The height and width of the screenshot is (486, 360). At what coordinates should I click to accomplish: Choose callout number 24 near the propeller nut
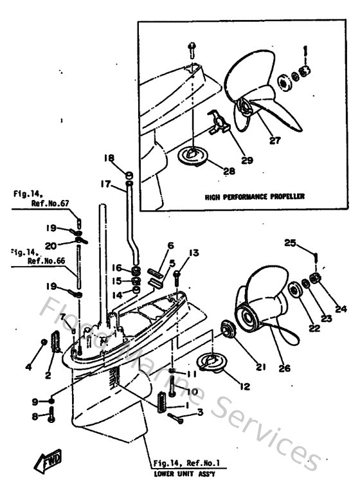(340, 308)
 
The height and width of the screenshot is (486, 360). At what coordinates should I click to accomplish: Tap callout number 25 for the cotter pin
(291, 243)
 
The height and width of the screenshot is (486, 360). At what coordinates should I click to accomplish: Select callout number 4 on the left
(28, 367)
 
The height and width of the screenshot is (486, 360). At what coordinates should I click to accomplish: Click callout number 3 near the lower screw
(200, 412)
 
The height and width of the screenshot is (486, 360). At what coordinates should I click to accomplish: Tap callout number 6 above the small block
(170, 246)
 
